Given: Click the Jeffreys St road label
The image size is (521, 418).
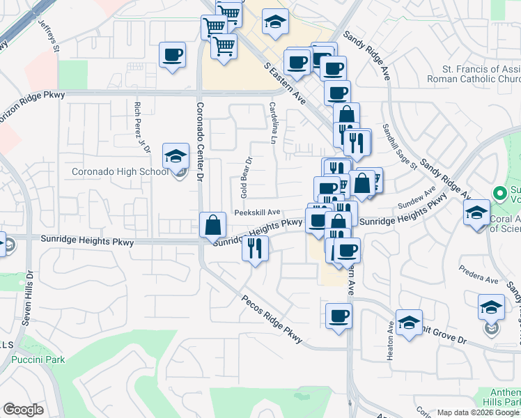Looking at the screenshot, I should (x=49, y=39).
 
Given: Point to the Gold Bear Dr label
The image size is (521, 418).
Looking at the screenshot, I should (x=245, y=178).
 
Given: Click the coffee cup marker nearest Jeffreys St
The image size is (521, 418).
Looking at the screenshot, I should (x=172, y=55).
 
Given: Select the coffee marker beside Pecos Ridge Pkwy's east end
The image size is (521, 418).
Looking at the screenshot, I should (x=339, y=316).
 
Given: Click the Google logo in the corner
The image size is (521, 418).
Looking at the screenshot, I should (x=23, y=410).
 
